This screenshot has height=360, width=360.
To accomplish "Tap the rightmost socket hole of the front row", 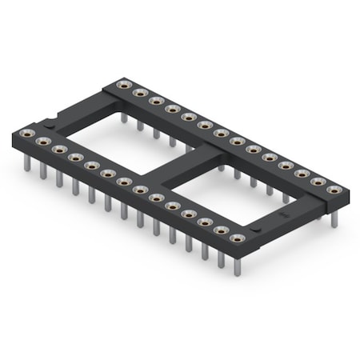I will point(237,238).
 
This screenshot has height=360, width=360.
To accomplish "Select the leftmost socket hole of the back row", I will point(123,85).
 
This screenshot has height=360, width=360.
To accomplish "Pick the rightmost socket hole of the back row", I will point(334,190).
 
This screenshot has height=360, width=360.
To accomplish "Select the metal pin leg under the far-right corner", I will point(334,217).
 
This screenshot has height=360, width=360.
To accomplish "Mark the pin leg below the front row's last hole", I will point(237,265).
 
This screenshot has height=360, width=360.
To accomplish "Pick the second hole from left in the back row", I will point(140,93).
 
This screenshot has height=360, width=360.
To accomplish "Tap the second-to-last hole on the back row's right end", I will point(318,182).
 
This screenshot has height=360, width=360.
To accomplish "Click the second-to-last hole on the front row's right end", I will point(221,230).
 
